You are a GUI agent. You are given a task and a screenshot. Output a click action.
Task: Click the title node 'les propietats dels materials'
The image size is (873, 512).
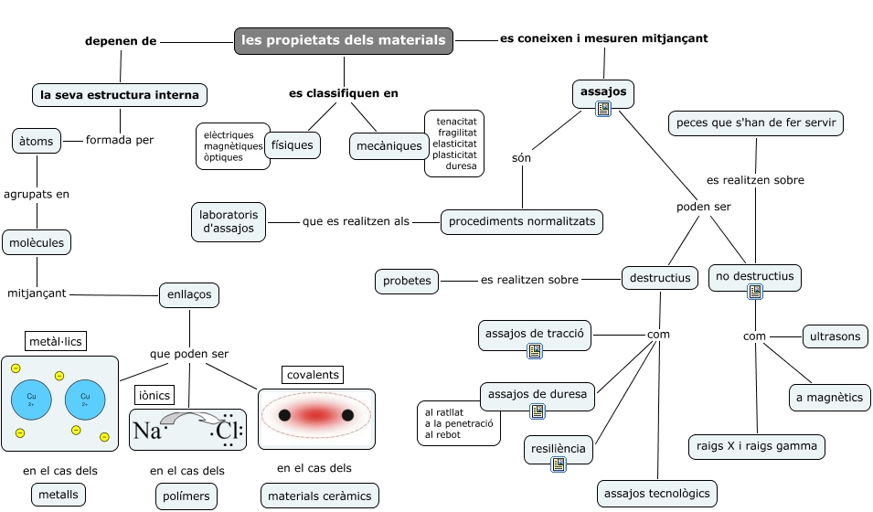344,41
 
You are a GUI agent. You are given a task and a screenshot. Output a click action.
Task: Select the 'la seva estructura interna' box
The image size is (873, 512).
120,95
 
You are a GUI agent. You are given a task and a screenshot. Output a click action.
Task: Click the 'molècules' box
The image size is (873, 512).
37,242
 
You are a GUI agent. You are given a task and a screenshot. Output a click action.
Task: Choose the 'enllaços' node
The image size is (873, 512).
189,294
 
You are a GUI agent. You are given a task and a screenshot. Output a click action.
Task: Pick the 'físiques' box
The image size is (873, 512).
293,144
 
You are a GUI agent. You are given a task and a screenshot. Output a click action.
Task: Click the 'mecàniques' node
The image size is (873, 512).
389,145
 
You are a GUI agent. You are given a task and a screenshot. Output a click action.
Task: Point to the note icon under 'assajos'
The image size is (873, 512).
603,109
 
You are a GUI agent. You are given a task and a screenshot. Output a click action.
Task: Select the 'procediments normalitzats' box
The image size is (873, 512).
522,221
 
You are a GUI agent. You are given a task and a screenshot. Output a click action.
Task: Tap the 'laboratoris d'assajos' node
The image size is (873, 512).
229,221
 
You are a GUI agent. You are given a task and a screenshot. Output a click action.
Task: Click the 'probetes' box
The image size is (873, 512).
407,281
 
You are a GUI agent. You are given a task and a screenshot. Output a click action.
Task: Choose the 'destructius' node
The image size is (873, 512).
659,277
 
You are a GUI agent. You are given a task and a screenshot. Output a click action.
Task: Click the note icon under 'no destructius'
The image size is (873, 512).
755,292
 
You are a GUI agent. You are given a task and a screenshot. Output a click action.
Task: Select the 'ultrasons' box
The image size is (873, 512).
835,336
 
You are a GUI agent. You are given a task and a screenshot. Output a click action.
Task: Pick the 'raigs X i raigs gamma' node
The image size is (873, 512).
757,446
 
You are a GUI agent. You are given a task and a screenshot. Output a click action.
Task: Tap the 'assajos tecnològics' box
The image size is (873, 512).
656,494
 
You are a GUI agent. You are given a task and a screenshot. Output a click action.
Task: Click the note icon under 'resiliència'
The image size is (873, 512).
559,464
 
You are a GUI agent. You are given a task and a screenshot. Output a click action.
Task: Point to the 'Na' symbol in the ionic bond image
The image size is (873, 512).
146,431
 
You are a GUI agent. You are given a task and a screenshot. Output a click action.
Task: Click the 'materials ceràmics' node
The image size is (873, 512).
319,496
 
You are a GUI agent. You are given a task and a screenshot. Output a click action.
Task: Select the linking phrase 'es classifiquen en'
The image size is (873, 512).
344,92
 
